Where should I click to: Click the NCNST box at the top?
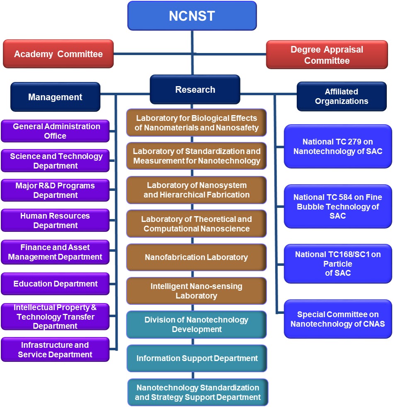click(x=192, y=16)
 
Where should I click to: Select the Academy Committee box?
click(x=58, y=54)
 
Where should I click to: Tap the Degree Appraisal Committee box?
click(x=327, y=55)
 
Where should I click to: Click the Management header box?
click(x=55, y=97)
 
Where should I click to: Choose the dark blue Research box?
click(x=195, y=89)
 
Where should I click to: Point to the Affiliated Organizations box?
click(x=341, y=96)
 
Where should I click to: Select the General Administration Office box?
click(x=55, y=131)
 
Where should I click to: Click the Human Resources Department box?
click(x=55, y=220)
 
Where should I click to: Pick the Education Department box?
click(x=55, y=284)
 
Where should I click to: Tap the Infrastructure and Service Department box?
click(x=55, y=349)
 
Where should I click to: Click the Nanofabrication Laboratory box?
click(x=196, y=257)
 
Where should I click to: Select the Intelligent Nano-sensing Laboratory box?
click(x=196, y=291)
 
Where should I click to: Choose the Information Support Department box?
click(x=197, y=358)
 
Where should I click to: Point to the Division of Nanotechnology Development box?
click(x=196, y=324)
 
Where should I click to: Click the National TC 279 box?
click(x=337, y=147)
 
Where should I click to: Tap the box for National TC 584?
click(x=337, y=206)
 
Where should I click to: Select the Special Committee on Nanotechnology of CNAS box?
click(x=337, y=319)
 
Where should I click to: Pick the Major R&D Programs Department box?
click(x=55, y=190)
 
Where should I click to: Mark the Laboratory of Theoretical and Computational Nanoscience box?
click(x=196, y=224)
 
